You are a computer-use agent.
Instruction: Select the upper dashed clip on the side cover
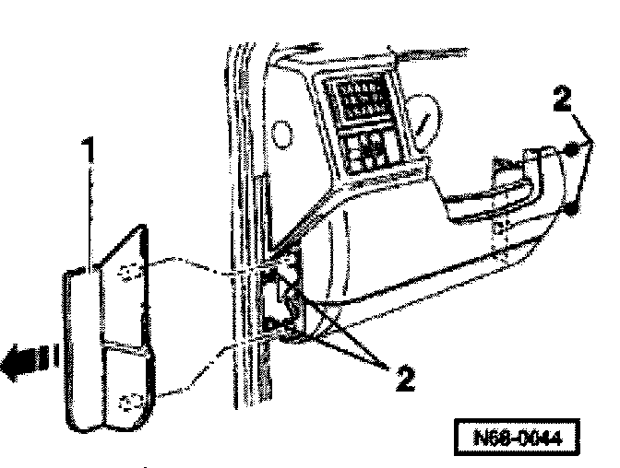129,270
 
